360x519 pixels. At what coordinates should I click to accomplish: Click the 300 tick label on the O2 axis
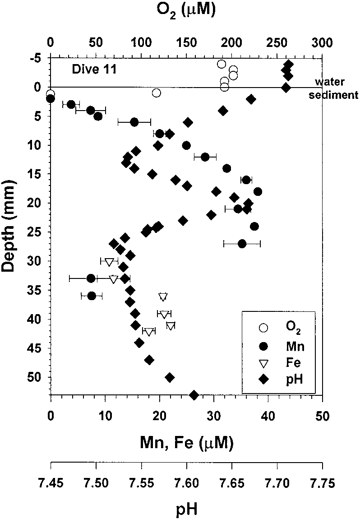point(322,43)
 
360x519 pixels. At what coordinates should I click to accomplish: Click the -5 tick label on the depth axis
point(37,58)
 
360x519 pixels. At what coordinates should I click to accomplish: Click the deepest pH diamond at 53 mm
point(194,395)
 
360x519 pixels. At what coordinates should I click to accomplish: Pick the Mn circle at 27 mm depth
point(242,244)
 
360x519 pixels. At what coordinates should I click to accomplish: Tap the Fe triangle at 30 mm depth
point(109,261)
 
